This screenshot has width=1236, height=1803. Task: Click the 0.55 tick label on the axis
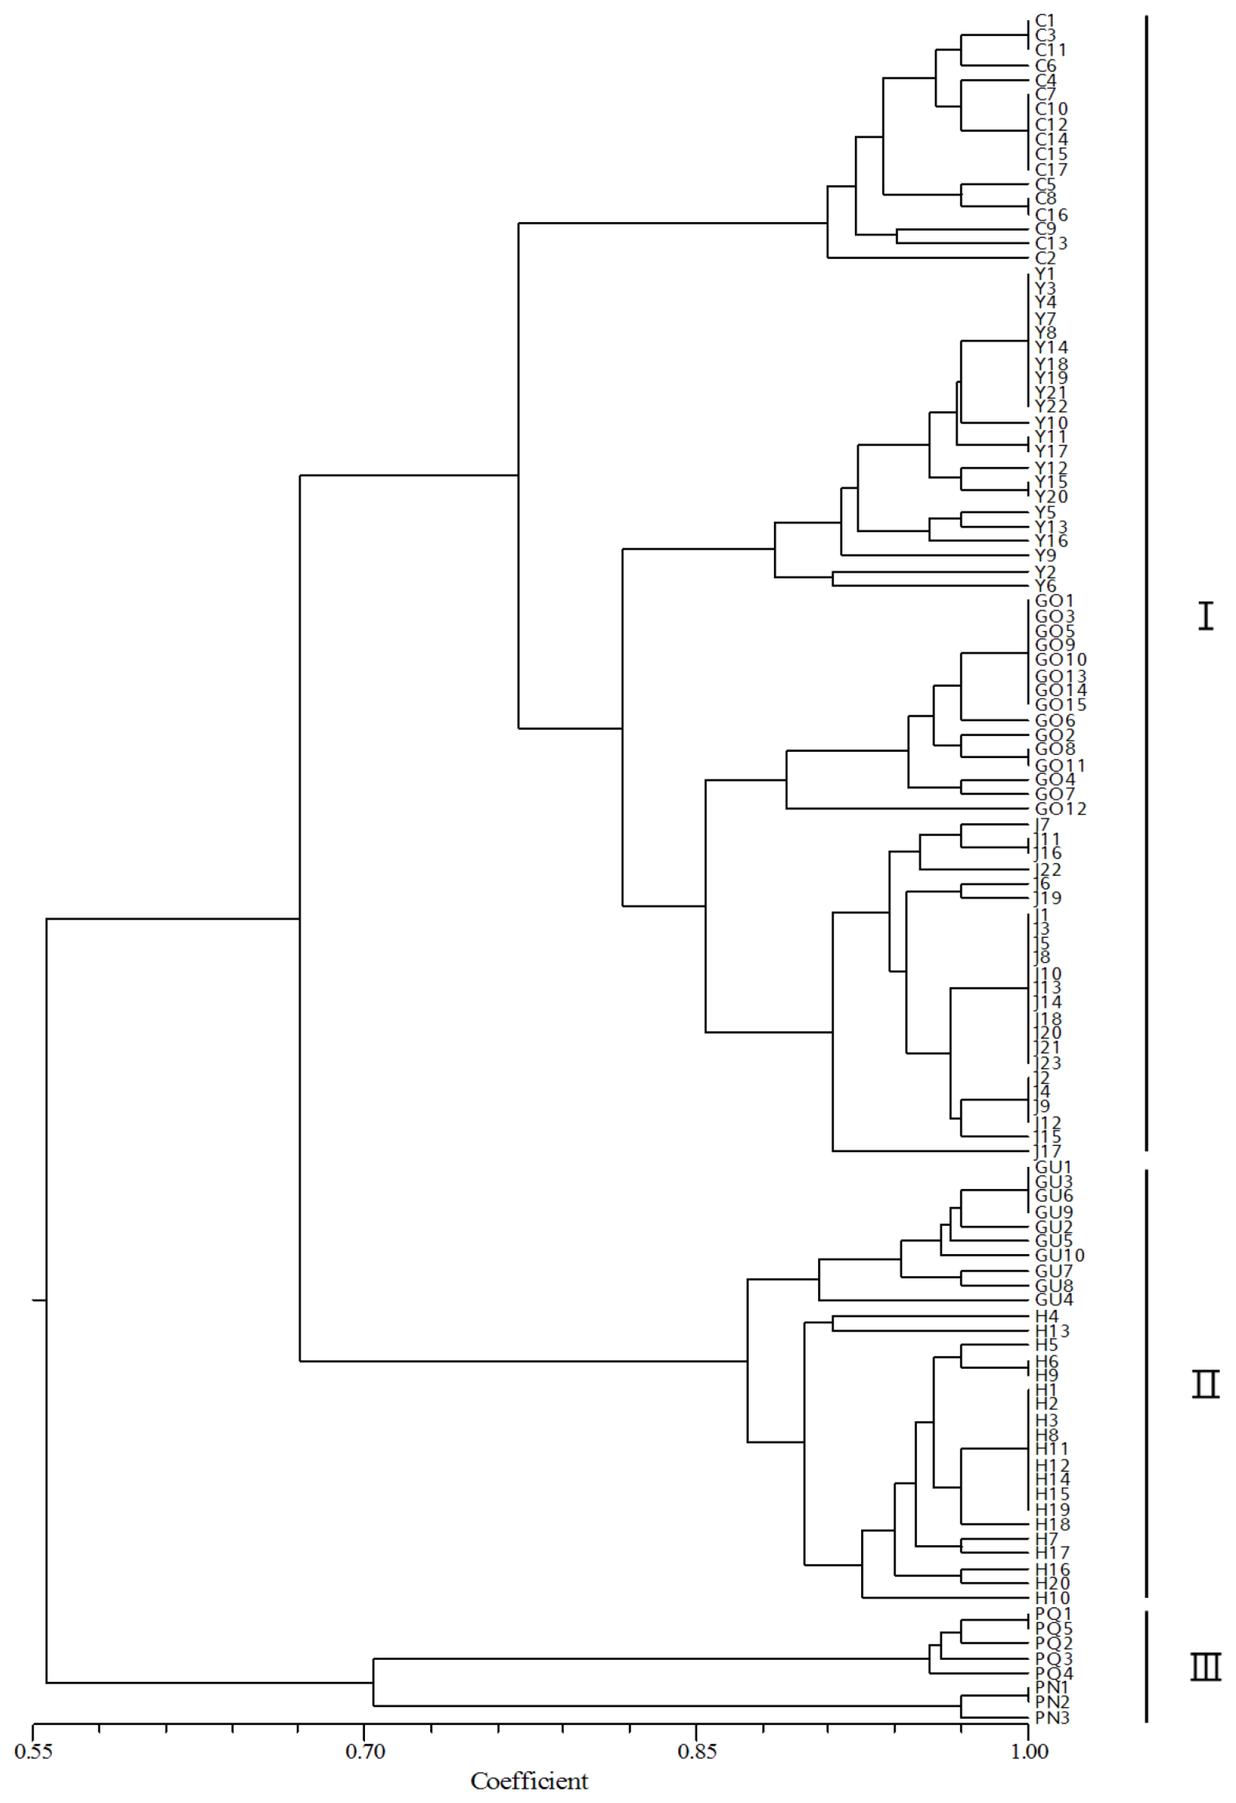point(33,1751)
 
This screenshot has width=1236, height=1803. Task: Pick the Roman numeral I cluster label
point(1205,617)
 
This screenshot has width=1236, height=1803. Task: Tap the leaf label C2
point(1045,259)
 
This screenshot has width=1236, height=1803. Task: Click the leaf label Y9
point(1045,556)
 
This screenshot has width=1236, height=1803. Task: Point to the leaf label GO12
point(1060,809)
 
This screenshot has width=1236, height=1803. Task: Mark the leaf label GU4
point(1054,1299)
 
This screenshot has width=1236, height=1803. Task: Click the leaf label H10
point(1052,1598)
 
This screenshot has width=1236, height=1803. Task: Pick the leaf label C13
point(1051,244)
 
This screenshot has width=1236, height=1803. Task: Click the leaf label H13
point(1052,1331)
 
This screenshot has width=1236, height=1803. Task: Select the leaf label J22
point(1047,870)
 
